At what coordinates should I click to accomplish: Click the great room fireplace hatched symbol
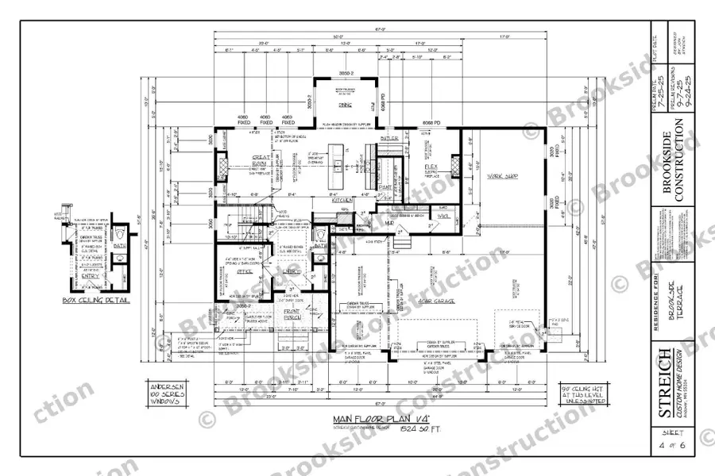[x=222, y=167]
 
